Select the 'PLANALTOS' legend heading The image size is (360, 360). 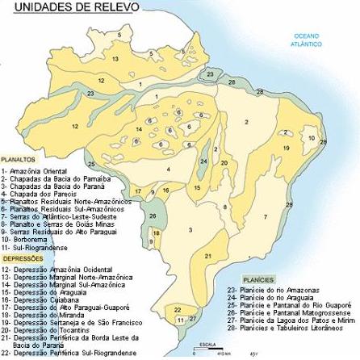coord(19,160)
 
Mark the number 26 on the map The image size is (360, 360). coord(153,216)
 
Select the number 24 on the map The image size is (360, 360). coord(203,161)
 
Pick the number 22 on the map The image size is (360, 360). coord(177,309)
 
